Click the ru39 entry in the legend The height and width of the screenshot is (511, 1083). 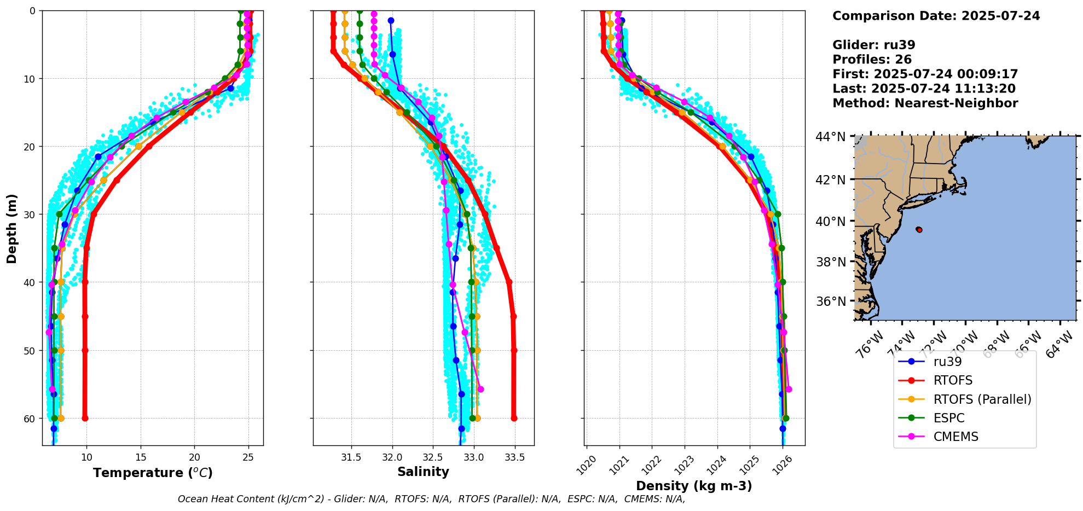[x=947, y=362]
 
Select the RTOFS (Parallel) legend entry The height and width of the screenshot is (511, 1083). [x=982, y=399]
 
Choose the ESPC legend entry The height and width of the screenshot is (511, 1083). [x=949, y=418]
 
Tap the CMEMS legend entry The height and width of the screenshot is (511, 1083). [x=955, y=437]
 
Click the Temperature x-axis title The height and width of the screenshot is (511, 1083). [x=153, y=473]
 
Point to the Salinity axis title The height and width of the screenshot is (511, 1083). [x=423, y=472]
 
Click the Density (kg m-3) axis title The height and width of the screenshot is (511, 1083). [x=694, y=486]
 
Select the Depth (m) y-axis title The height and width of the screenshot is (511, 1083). [x=12, y=228]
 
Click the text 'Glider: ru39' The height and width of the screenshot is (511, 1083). [x=873, y=45]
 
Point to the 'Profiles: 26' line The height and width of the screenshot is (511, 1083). [x=872, y=60]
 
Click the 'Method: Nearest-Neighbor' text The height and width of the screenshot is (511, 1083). [x=925, y=103]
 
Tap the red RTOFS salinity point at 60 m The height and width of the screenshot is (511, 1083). [x=514, y=419]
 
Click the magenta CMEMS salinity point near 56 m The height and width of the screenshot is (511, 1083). [x=480, y=389]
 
